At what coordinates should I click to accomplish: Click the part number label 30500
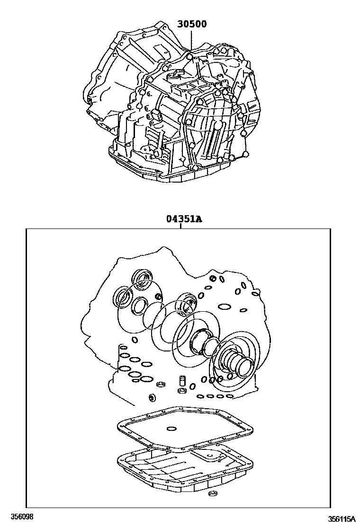192,24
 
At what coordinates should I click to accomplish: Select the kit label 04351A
184,219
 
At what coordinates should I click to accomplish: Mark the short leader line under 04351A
180,226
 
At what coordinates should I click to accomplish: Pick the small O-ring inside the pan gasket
171,429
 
